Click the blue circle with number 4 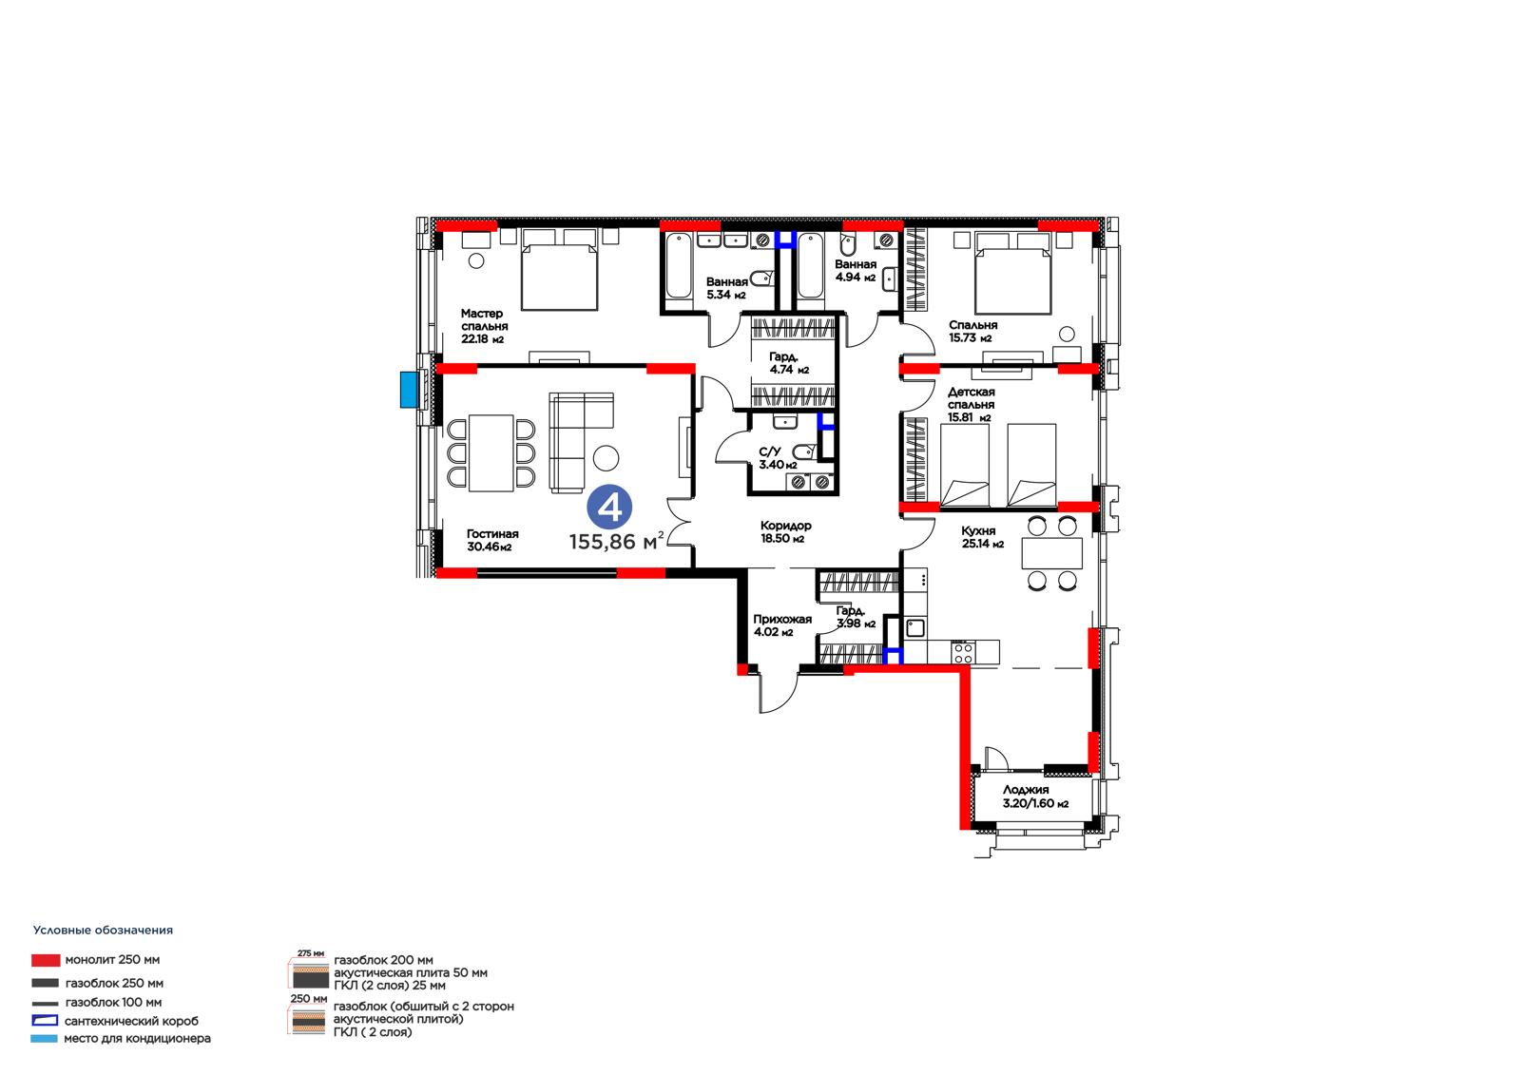pyautogui.click(x=609, y=507)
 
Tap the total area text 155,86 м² pyautogui.click(x=616, y=541)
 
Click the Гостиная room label pyautogui.click(x=492, y=534)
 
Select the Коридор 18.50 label pyautogui.click(x=785, y=531)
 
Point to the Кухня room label pyautogui.click(x=978, y=530)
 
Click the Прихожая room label pyautogui.click(x=782, y=619)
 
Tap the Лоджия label pyautogui.click(x=1026, y=790)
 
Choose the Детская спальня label pyautogui.click(x=971, y=398)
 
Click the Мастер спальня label pyautogui.click(x=484, y=320)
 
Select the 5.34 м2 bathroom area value pyautogui.click(x=726, y=295)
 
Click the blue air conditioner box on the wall pyautogui.click(x=408, y=390)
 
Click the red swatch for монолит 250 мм pyautogui.click(x=46, y=960)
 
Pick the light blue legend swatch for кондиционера pyautogui.click(x=44, y=1038)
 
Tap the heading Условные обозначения pyautogui.click(x=104, y=931)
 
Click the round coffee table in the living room pyautogui.click(x=606, y=458)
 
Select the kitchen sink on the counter pyautogui.click(x=915, y=627)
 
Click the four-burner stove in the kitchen pyautogui.click(x=962, y=653)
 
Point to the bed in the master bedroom pyautogui.click(x=559, y=270)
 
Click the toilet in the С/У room pyautogui.click(x=804, y=451)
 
